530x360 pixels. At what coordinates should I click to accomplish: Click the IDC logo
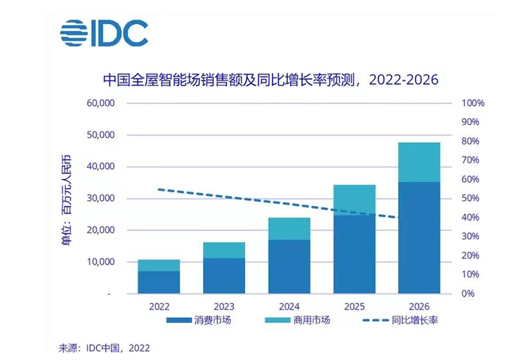104,34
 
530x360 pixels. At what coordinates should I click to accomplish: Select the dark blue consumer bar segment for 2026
419,237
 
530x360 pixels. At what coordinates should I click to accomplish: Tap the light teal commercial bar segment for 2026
419,162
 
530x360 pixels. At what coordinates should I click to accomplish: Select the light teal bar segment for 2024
289,228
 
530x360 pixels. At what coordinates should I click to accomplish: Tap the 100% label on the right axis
472,103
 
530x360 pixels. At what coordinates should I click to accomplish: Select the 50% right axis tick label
470,198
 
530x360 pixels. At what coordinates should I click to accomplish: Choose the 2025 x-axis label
354,307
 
